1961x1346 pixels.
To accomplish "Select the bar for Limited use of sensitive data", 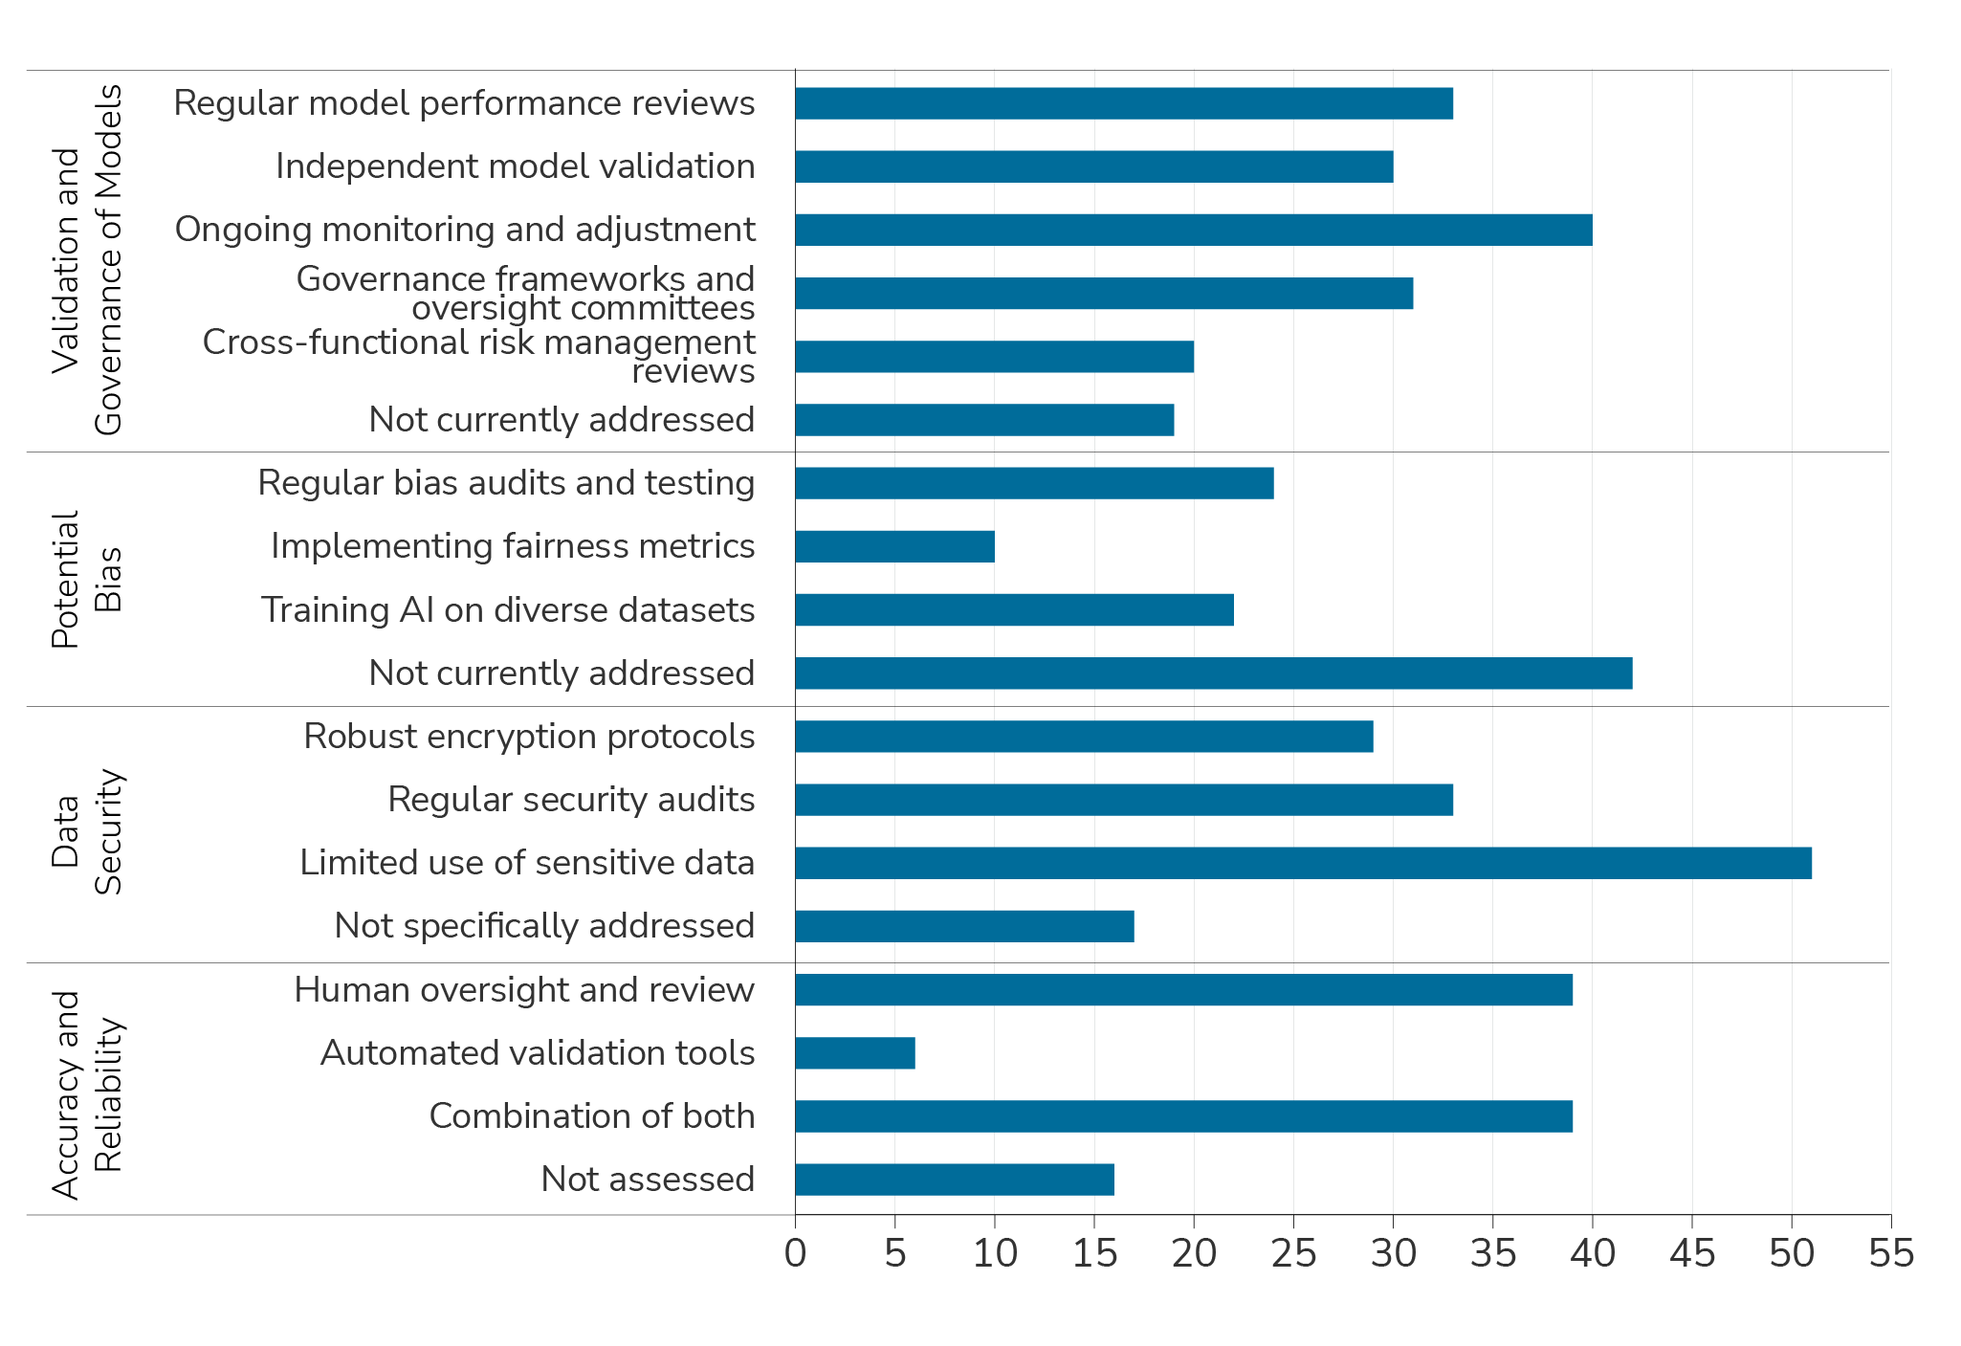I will coord(1303,863).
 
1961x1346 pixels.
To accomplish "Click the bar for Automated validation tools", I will coord(855,1053).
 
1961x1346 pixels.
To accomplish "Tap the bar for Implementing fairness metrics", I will coord(894,546).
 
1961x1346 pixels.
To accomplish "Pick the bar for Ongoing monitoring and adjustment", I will coord(1193,230).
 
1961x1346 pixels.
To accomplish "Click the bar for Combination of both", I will coord(1183,1116).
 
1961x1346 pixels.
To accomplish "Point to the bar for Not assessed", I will coord(955,1180).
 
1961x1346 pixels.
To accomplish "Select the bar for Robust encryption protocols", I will coord(1084,737).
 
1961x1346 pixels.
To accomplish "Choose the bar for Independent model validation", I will coord(1093,166).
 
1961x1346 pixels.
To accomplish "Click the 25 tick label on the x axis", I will coord(1293,1254).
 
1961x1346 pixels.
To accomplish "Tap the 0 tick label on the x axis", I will coord(795,1254).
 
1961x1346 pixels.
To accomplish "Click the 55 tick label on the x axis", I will coord(1891,1254).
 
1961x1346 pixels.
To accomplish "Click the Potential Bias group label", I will coord(86,580).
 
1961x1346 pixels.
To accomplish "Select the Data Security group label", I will coord(86,832).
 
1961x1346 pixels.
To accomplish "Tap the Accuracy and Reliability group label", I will coord(86,1094).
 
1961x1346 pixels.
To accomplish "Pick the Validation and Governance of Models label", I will coord(86,260).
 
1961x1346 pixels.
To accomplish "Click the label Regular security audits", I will coord(571,800).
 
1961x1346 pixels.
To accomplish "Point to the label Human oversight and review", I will coord(524,990).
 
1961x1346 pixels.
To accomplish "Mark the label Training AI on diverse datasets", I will coord(508,610).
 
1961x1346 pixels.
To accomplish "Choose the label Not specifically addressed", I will coord(544,926).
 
